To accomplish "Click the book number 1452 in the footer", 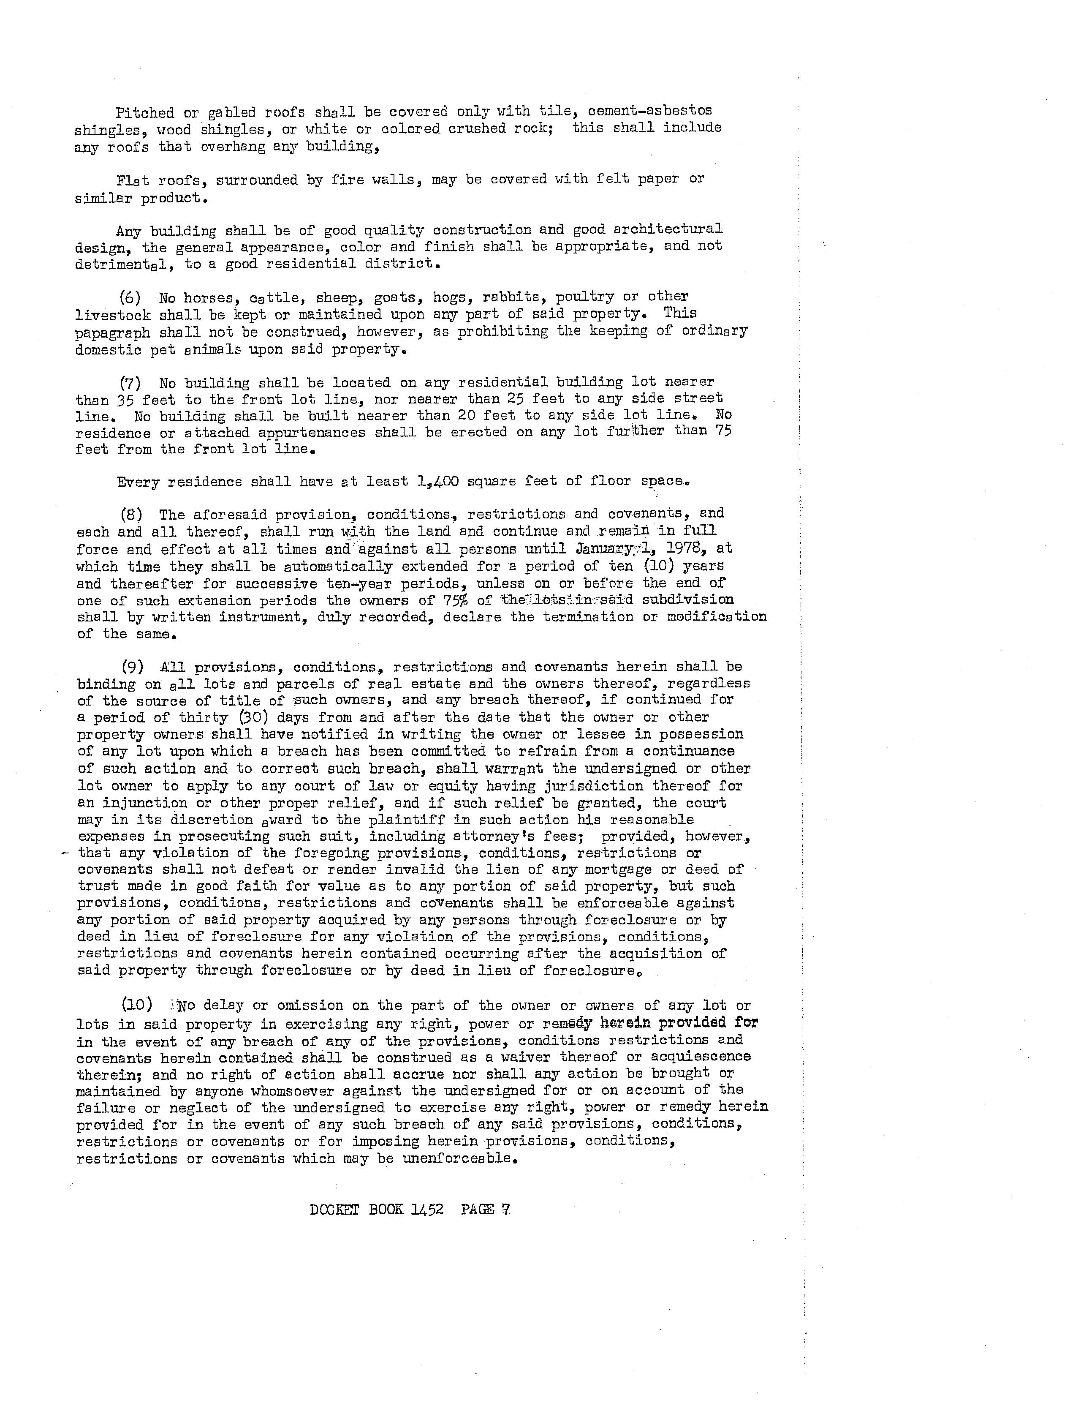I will click(426, 1209).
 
